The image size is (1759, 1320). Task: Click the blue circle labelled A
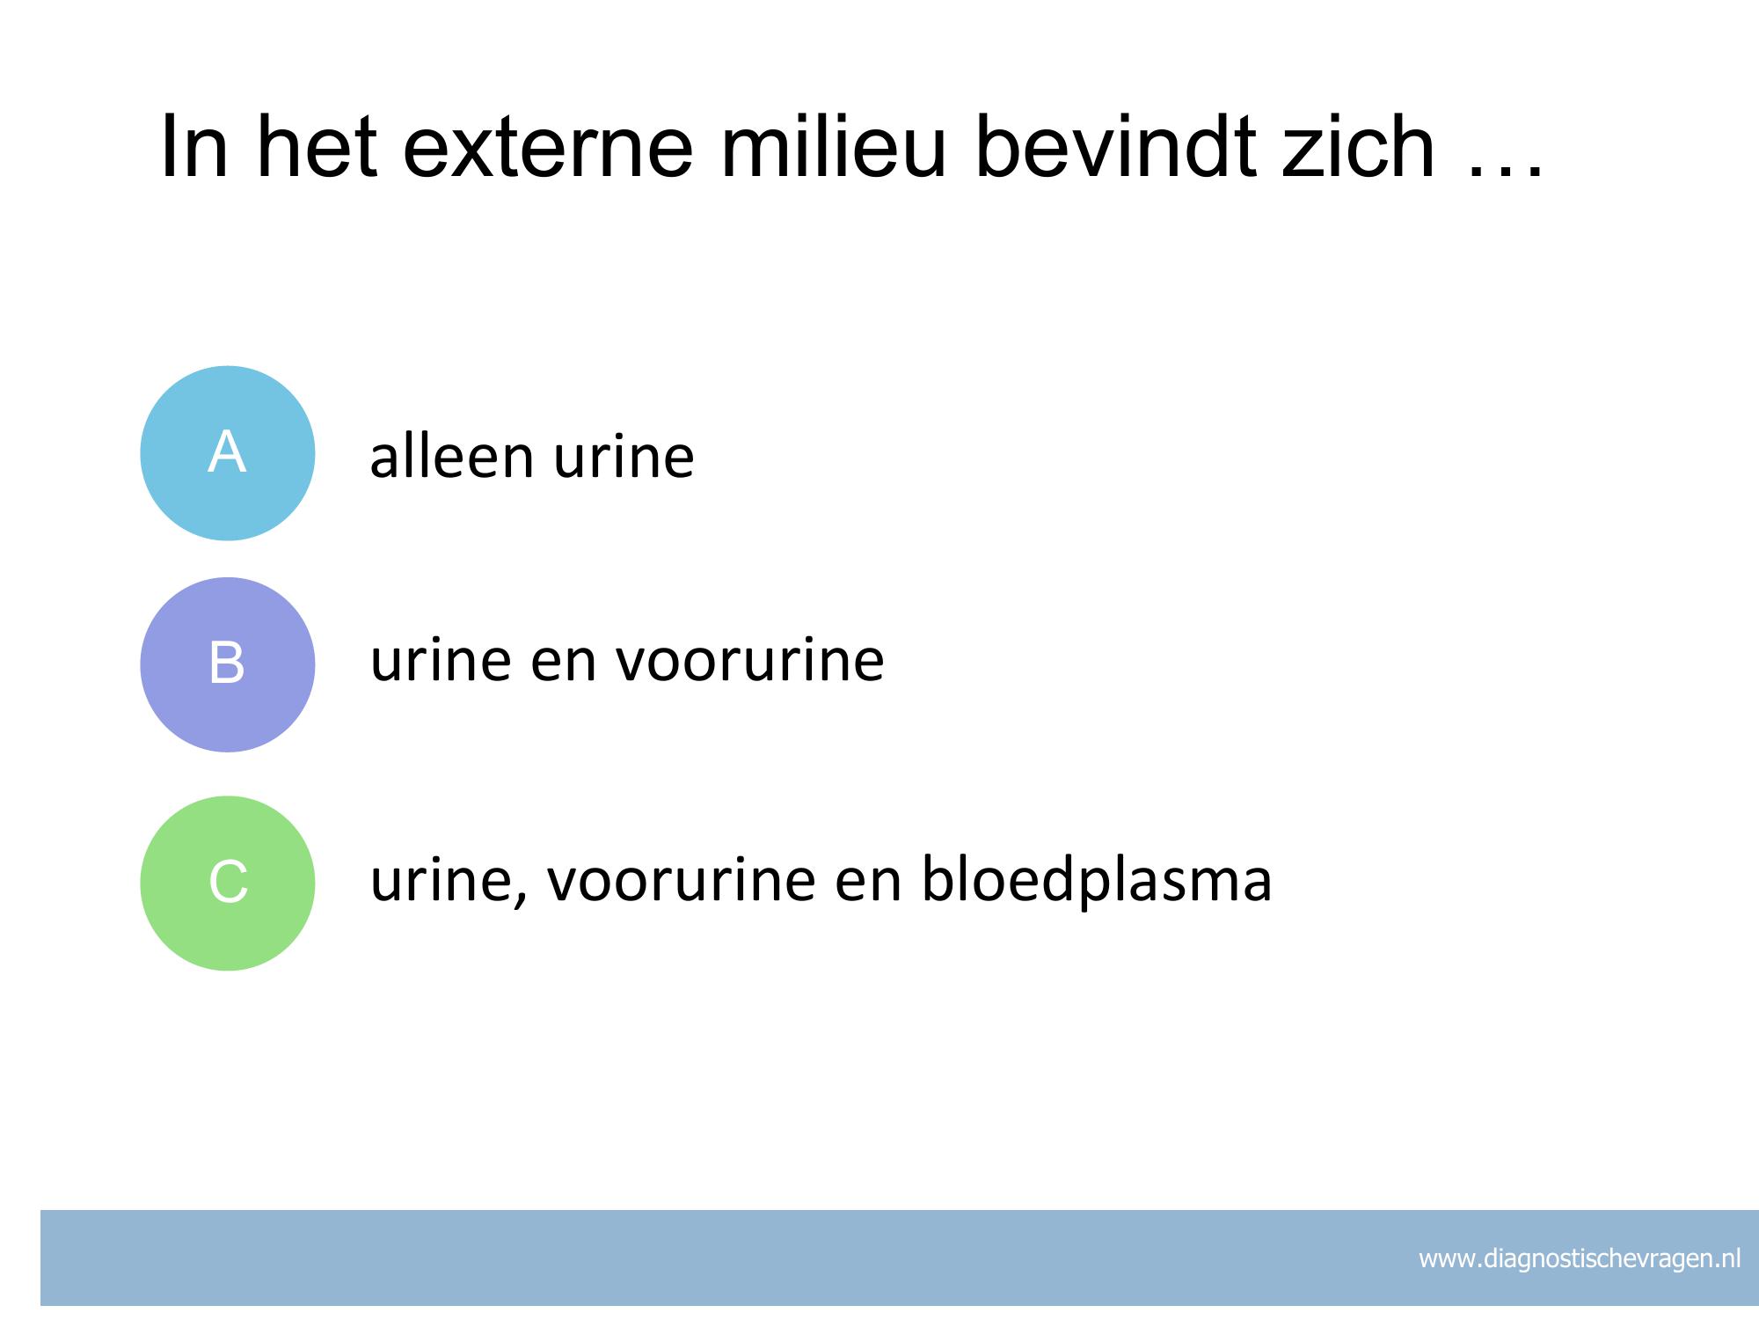click(x=228, y=453)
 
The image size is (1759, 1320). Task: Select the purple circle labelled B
click(x=228, y=664)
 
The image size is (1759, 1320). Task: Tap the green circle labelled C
click(x=228, y=883)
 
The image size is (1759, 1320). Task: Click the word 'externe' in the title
click(x=549, y=148)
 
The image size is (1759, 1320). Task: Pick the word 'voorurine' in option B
click(x=749, y=661)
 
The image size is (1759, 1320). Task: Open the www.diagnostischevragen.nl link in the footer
click(x=1580, y=1259)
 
